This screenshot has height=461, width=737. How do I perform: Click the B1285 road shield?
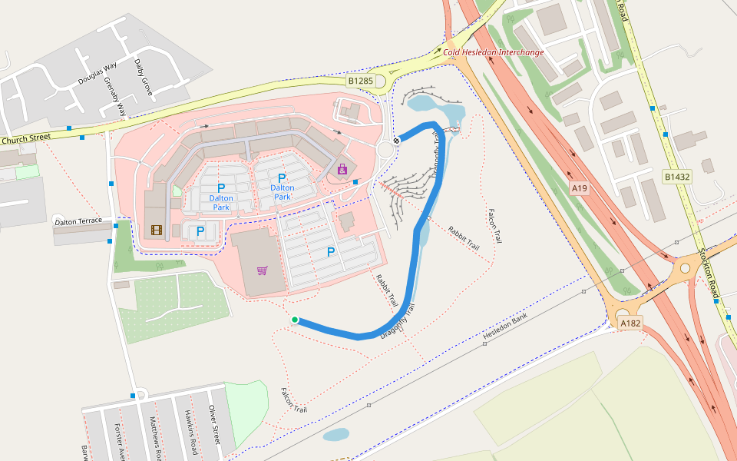360,81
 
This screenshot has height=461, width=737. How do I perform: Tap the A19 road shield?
579,187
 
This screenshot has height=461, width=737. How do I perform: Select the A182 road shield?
630,323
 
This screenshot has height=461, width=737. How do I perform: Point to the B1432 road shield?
676,177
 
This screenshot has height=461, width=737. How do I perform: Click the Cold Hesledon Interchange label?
494,52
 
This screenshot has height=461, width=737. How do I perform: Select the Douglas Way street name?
96,73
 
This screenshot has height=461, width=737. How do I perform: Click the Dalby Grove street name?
144,77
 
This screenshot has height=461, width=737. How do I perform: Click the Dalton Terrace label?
78,221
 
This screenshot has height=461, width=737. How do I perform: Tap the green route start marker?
295,320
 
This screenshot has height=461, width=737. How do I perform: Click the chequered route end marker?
397,140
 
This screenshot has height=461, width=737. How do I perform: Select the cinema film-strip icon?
157,230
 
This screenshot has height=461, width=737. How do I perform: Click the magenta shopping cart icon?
263,270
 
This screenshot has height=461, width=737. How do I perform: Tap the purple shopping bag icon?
342,169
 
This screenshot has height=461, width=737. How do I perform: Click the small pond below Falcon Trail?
336,435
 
